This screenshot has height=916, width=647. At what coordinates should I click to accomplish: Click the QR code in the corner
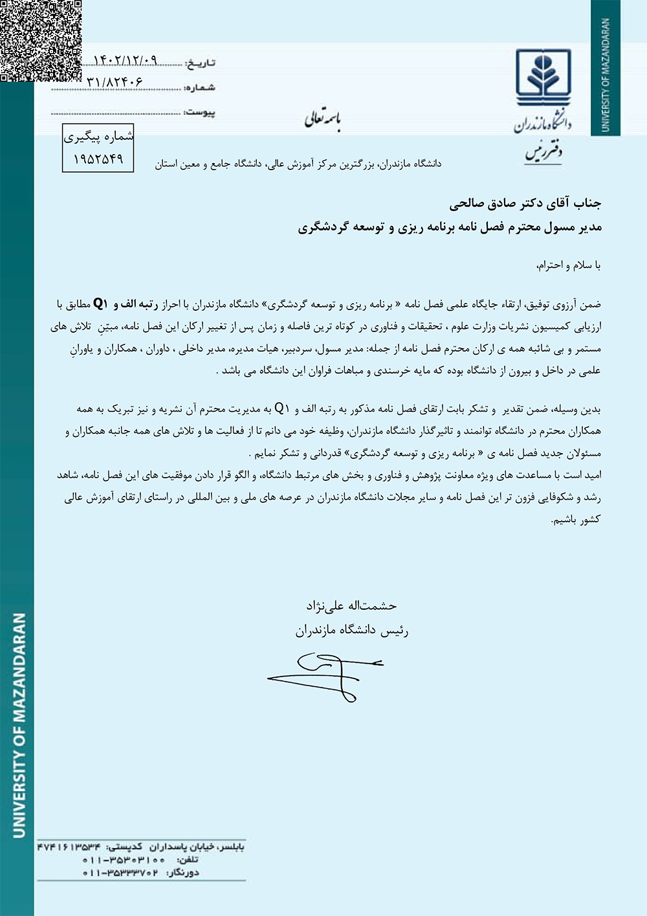coord(40,40)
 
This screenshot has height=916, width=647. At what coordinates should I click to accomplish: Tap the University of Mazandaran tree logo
coord(543,77)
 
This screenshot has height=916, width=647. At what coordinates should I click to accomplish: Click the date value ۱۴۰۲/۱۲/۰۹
coord(126,60)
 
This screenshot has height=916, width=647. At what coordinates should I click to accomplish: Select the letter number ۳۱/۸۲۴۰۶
coord(115,83)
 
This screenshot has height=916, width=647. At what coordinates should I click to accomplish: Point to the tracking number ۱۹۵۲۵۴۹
coord(98,159)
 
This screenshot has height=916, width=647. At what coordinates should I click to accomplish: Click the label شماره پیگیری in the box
coord(98,137)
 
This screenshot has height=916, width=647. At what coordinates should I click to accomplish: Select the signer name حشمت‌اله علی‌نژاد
coord(351,606)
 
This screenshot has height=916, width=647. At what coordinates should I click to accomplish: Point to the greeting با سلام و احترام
coord(569,265)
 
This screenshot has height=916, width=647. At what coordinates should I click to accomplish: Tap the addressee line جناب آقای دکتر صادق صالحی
coord(525,204)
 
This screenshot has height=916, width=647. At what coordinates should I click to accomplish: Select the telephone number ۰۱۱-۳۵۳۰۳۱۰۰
coord(124,860)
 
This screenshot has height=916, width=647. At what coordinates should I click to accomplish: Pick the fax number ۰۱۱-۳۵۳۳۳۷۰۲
coord(120,873)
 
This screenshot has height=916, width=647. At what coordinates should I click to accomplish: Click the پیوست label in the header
coord(199,113)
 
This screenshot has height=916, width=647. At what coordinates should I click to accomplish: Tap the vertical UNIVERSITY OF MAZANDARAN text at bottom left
coord(19,725)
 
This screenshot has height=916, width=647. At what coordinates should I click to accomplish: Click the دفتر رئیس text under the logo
coord(543,153)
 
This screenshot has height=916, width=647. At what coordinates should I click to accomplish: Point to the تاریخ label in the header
coord(200,63)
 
